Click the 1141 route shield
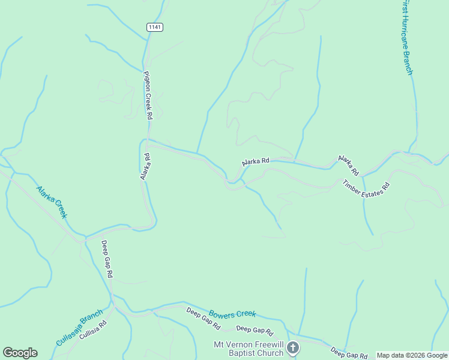click(155, 27)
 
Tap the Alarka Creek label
click(52, 202)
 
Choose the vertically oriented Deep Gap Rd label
click(107, 259)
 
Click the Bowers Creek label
click(232, 314)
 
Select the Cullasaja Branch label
click(79, 327)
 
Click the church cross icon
click(292, 347)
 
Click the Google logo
click(20, 353)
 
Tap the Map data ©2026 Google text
click(412, 355)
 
